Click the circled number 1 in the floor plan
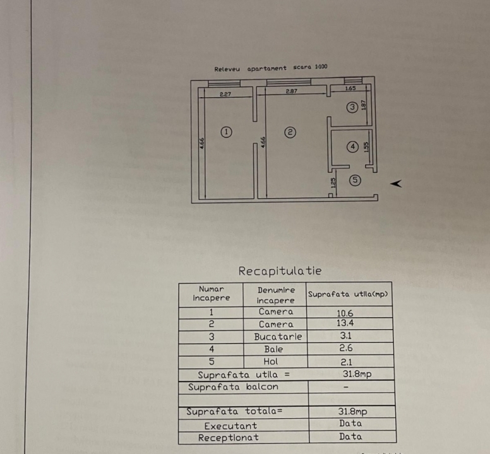point(226,132)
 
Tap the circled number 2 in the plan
point(290,132)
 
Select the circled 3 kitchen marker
point(352,107)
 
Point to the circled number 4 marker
point(353,147)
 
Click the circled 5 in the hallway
point(355,180)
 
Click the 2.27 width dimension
point(225,94)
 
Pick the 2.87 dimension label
point(291,91)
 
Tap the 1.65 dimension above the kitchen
point(350,88)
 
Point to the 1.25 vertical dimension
point(333,182)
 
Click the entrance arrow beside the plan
point(396,183)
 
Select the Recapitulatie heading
point(280,271)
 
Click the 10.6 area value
point(345,313)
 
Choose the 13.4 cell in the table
point(345,323)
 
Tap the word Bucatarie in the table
point(278,337)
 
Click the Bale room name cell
point(273,349)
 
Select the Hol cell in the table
point(271,361)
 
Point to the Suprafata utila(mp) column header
point(348,294)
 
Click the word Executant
point(230,426)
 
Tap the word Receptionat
point(229,438)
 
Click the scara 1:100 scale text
point(310,67)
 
